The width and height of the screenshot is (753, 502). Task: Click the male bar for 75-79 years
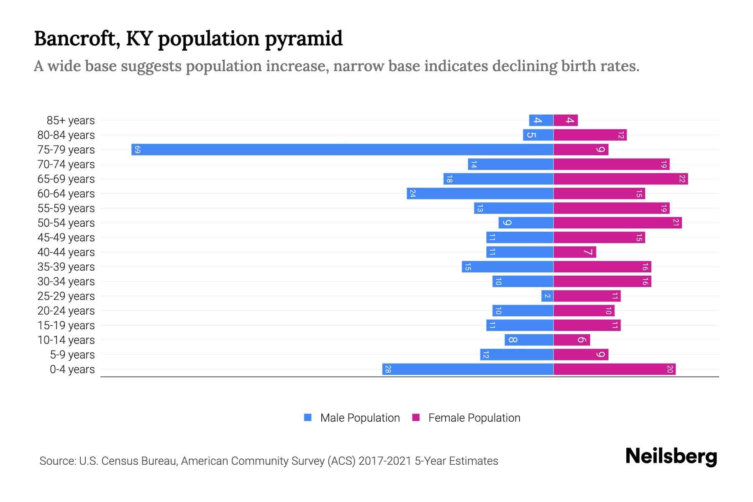coord(342,149)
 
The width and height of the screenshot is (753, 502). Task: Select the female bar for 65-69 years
coord(620,179)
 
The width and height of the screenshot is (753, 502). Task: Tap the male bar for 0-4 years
coord(468,369)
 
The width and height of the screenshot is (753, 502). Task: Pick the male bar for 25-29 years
coord(547,296)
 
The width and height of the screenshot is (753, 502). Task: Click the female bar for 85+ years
coord(566,120)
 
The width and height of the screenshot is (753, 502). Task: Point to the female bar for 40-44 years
coord(574,252)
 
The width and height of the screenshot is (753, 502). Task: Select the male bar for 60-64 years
coord(480,194)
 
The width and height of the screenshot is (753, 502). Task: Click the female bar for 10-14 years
coord(571,340)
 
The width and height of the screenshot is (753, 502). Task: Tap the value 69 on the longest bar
coord(138,150)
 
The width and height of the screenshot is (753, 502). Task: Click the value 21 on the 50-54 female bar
coord(676,223)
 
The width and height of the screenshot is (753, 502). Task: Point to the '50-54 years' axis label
coord(66,223)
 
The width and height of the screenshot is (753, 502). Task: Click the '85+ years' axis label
coord(71,120)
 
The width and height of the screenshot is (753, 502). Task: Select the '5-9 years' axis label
coord(72,355)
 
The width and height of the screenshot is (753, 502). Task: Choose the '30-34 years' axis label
coord(66,282)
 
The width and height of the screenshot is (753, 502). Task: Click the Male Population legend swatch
coord(308,417)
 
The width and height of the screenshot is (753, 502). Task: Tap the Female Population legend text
coord(474,418)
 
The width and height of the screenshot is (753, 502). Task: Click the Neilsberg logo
coord(671,456)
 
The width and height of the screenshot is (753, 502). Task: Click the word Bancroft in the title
coord(77,38)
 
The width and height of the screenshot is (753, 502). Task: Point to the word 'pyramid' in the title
coord(304,39)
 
